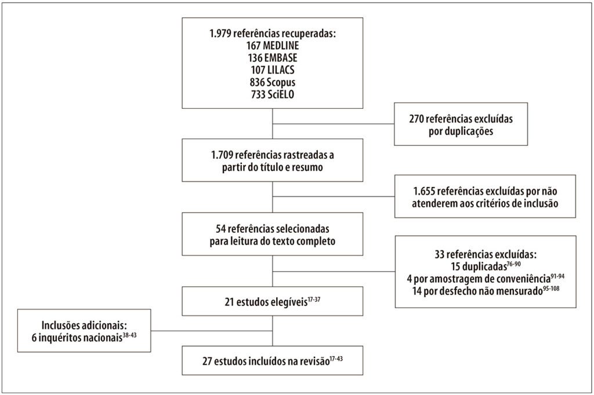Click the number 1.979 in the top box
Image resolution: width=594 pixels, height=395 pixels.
pyautogui.click(x=220, y=33)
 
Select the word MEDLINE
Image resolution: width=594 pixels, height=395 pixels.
pyautogui.click(x=281, y=45)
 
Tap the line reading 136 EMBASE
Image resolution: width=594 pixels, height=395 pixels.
pyautogui.click(x=273, y=58)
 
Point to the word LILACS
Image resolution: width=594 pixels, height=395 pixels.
pyautogui.click(x=280, y=70)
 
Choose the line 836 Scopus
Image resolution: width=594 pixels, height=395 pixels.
pyautogui.click(x=273, y=82)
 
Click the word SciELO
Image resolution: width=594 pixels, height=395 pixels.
pyautogui.click(x=281, y=94)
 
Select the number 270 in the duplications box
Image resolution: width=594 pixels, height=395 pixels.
pyautogui.click(x=416, y=119)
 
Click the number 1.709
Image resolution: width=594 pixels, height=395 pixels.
pyautogui.click(x=222, y=155)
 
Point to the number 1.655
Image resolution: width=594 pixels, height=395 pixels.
pyautogui.click(x=424, y=192)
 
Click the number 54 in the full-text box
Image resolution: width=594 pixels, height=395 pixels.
pyautogui.click(x=220, y=229)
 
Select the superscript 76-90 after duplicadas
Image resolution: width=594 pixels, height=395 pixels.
pyautogui.click(x=514, y=264)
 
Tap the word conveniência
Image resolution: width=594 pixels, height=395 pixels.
pyautogui.click(x=524, y=279)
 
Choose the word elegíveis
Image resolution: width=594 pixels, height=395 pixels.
pyautogui.click(x=289, y=302)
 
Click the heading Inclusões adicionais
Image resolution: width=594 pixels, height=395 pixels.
pyautogui.click(x=84, y=325)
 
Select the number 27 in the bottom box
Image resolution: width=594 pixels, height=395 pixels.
pyautogui.click(x=207, y=361)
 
